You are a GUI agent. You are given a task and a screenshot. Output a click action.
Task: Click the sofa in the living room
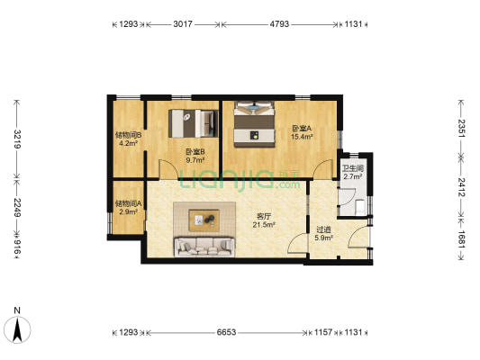pyautogui.click(x=205, y=245)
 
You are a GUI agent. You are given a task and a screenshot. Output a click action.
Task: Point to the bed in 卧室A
pyautogui.click(x=254, y=122)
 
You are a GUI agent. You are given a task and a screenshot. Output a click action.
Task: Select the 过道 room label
pyautogui.click(x=323, y=229)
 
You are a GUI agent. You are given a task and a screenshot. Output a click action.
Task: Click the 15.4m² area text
pyautogui.click(x=301, y=137)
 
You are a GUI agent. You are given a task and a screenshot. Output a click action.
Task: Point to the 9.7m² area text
pyautogui.click(x=195, y=160)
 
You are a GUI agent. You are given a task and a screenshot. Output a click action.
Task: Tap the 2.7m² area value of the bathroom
pyautogui.click(x=352, y=176)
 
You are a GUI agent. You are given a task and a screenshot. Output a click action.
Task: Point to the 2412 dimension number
pyautogui.click(x=462, y=186)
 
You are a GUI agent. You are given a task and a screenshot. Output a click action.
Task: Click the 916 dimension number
pyautogui.click(x=14, y=246)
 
